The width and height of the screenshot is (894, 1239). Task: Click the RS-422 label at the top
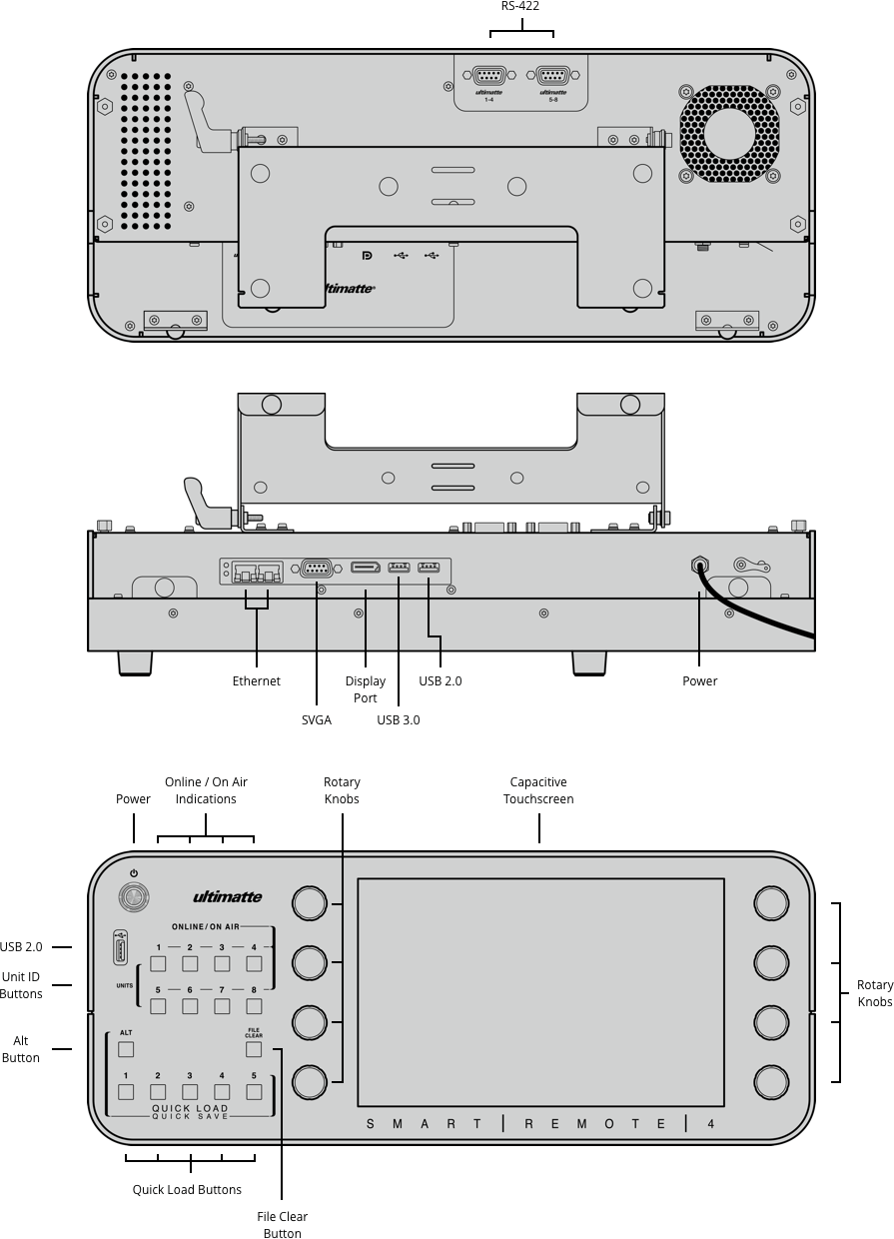point(520,6)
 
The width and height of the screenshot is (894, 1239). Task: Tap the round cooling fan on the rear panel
point(729,134)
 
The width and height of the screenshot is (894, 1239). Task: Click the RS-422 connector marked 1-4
point(489,76)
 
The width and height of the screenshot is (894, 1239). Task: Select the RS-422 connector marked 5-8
point(552,76)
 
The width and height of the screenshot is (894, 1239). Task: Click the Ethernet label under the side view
point(257,681)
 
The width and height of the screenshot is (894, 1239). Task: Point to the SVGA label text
point(316,720)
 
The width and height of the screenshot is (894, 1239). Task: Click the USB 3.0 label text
point(398,720)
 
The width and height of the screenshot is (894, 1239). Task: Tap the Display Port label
point(366,689)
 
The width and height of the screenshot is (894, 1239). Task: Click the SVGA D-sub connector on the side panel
point(317,569)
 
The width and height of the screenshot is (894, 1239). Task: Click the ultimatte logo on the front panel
point(227,896)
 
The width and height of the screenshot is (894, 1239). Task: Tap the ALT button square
point(126,1049)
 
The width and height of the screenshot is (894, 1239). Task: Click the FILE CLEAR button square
point(254,1049)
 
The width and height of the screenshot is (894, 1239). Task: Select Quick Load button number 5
point(254,1092)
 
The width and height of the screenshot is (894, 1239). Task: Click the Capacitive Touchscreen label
point(538,790)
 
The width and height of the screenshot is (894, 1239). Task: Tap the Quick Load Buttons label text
point(187,1190)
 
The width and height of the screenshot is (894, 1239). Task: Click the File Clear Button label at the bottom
point(282,1225)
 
